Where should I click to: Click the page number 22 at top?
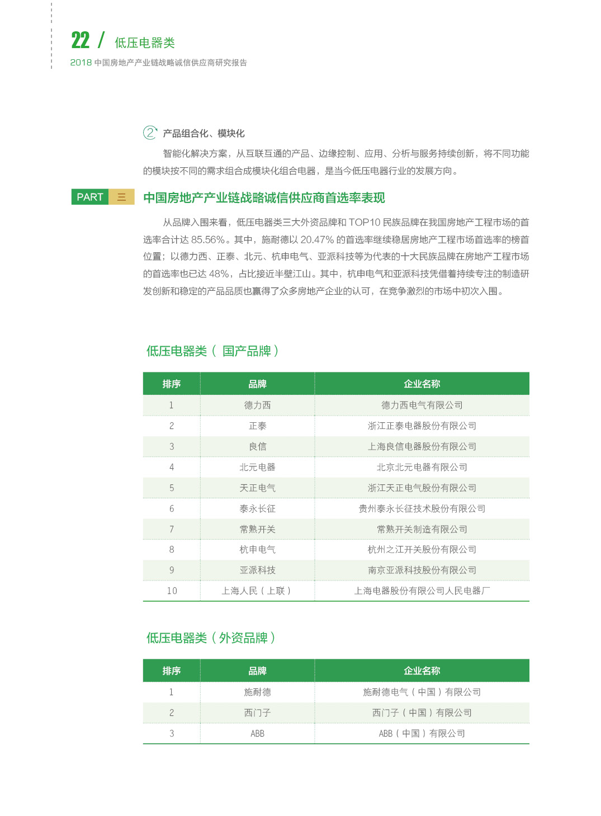pos(81,40)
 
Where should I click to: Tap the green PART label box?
pos(90,197)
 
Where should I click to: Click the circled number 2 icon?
pos(150,133)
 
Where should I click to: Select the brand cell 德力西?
pos(257,405)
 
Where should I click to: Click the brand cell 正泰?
pos(257,426)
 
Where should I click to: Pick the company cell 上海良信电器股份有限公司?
pos(422,446)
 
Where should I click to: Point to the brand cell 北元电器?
pos(257,467)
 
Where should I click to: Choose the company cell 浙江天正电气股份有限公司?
pos(422,488)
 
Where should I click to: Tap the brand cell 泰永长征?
pos(257,508)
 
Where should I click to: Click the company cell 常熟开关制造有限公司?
pos(422,529)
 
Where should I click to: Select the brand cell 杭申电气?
pos(257,549)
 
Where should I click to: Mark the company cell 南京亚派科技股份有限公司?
pos(422,570)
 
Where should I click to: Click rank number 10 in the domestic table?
pos(172,591)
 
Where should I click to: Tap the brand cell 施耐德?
pos(257,692)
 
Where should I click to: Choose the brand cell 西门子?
pos(257,713)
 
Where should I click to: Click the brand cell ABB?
pos(257,733)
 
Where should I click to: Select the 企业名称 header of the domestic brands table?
pos(422,384)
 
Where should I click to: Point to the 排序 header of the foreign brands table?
pos(172,671)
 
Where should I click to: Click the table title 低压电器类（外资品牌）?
pos(211,638)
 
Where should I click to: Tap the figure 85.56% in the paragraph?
pos(208,240)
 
